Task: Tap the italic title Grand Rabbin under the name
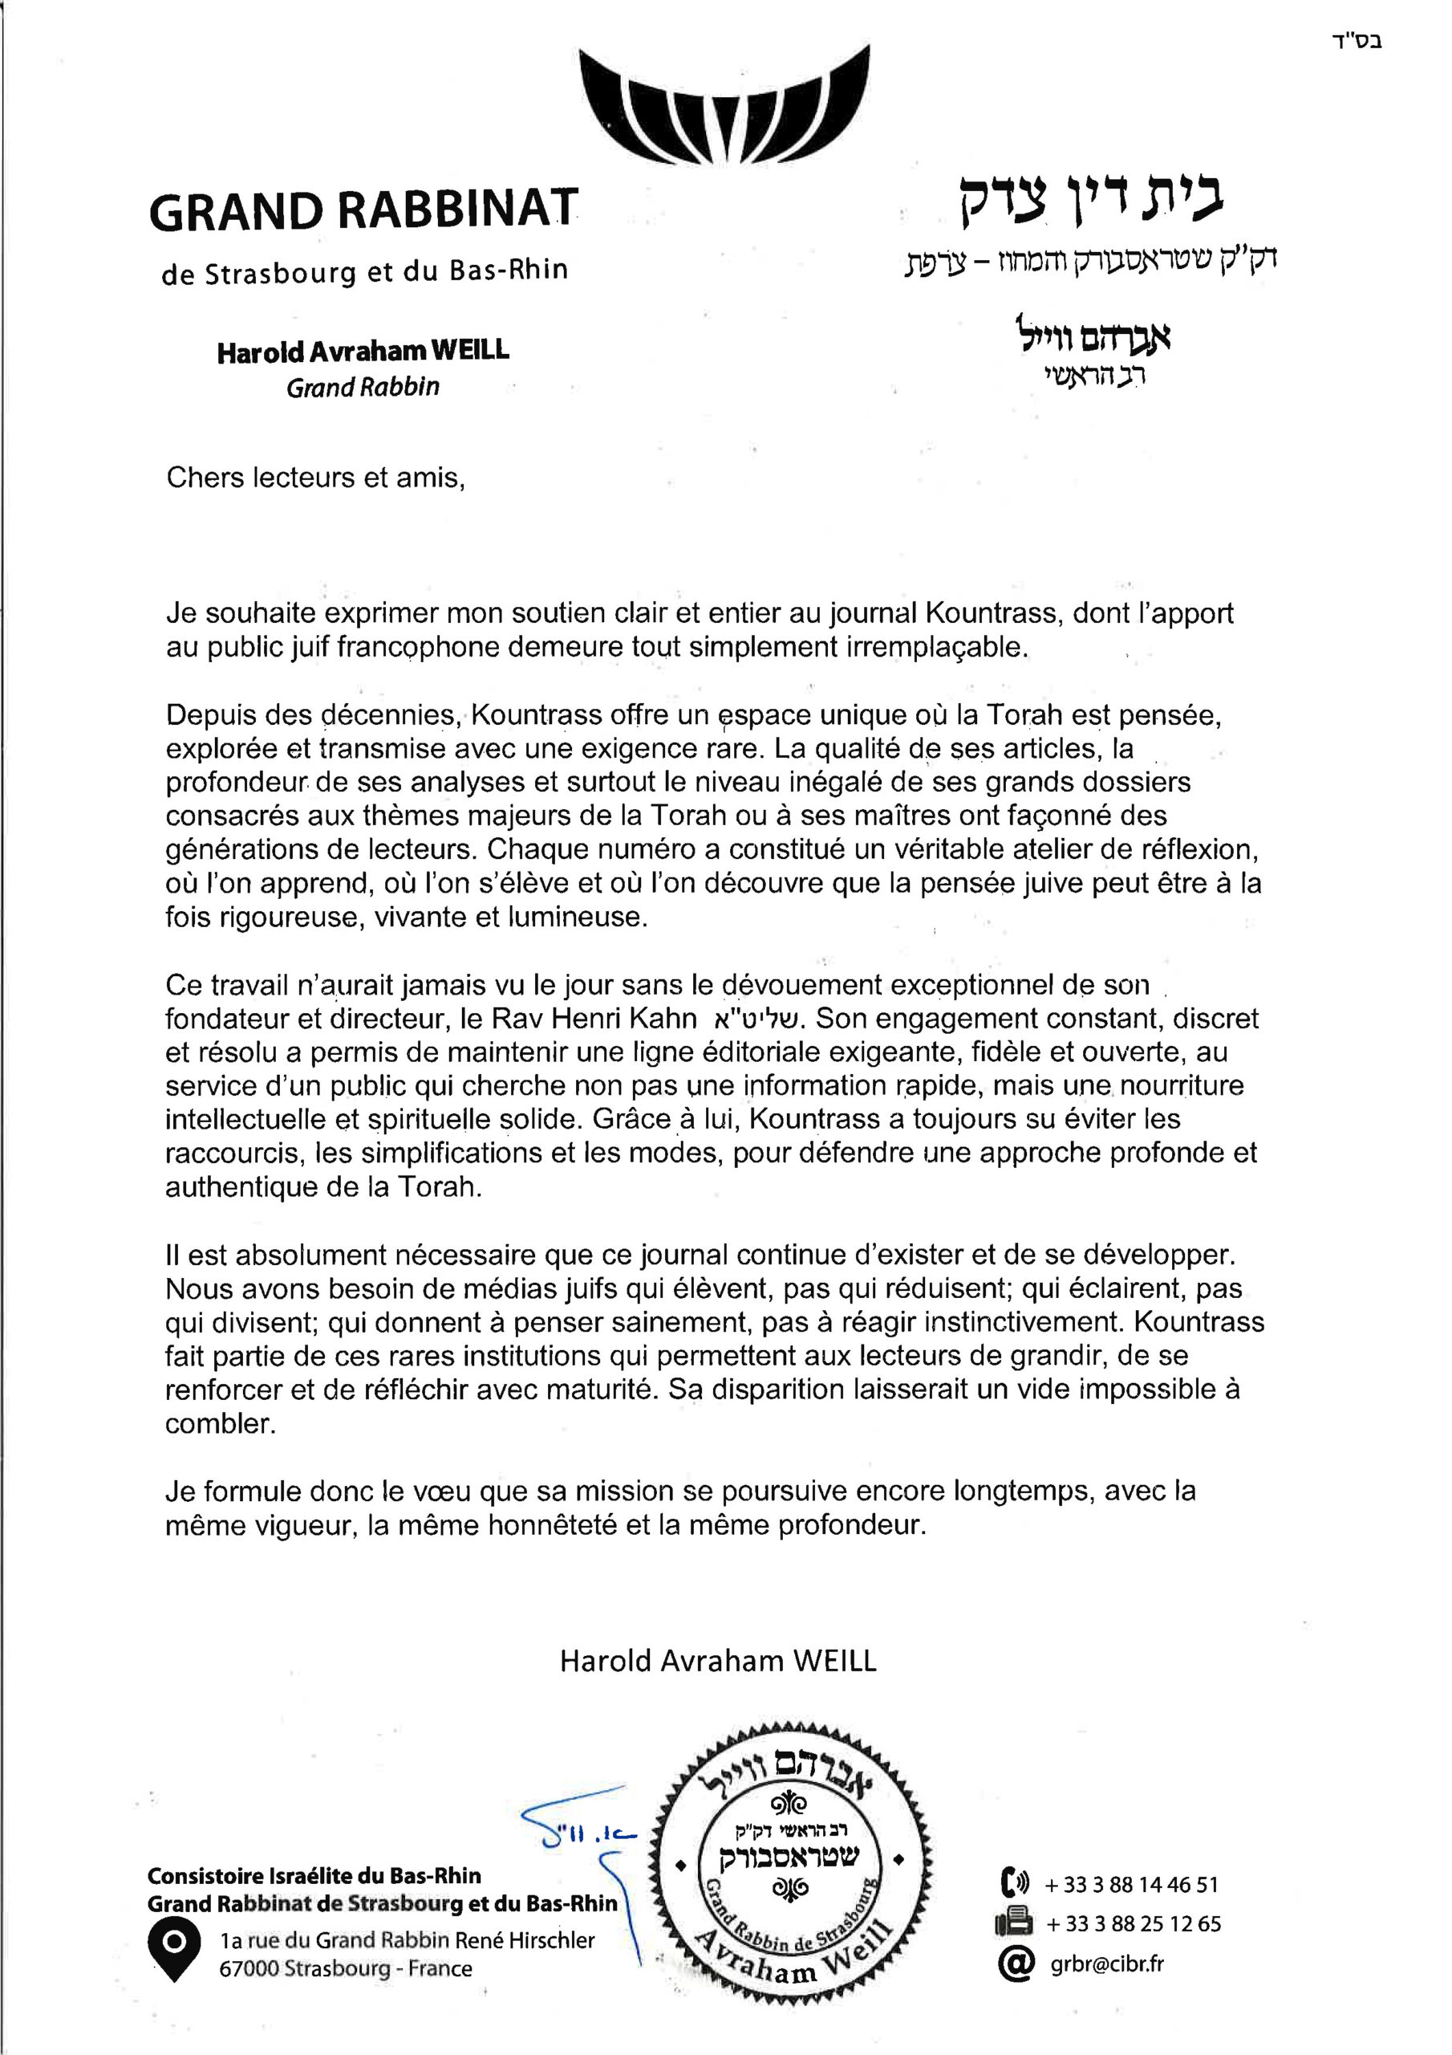[x=363, y=388]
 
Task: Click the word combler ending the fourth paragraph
[x=219, y=1424]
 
